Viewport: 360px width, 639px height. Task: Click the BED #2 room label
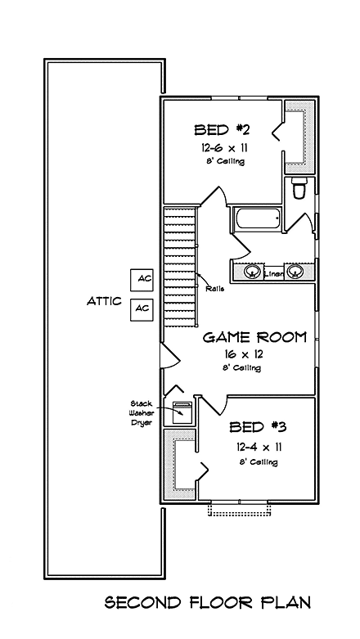[x=218, y=129]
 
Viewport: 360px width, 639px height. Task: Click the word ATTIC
[x=104, y=301]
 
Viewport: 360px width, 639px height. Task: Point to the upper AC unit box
[x=144, y=279]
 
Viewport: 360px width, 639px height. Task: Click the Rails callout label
[x=215, y=289]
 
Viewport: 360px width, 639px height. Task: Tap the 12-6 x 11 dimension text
[x=221, y=147]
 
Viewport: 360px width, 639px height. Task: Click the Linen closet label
[x=273, y=274]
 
